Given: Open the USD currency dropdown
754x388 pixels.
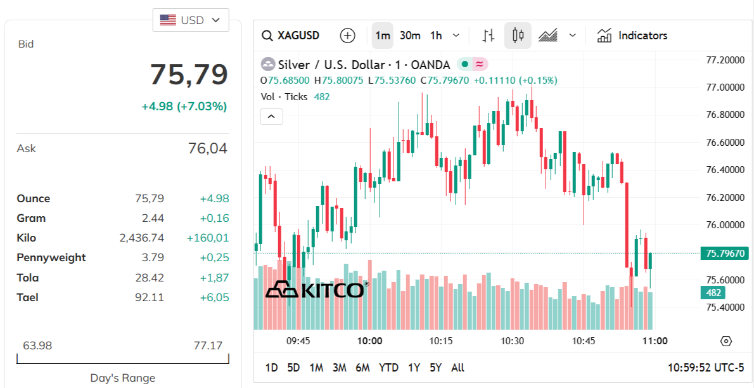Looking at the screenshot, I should [191, 20].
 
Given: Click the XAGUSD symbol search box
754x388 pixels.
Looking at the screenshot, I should [291, 36].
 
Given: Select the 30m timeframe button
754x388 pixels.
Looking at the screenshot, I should [410, 36].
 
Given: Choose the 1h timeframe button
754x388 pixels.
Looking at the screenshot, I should [436, 36].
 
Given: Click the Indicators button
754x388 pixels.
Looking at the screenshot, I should [632, 36].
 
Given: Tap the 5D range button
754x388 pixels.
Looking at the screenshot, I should [293, 368].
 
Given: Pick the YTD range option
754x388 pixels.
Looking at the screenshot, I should [388, 368].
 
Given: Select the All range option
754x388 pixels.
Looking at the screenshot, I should [457, 368].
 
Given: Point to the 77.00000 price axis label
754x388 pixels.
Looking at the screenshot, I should [725, 87].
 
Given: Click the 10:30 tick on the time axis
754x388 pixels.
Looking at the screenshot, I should [513, 341].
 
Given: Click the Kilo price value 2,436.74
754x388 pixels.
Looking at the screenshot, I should [141, 238].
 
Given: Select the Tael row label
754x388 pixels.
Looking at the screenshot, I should [27, 297].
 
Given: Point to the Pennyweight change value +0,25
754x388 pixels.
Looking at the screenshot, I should [214, 258].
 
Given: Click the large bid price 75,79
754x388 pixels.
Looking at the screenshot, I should [188, 75].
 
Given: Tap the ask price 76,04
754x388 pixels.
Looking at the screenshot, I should [207, 148].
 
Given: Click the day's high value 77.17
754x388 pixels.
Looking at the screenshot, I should [208, 346].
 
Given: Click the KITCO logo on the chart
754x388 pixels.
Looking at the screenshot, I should [315, 290].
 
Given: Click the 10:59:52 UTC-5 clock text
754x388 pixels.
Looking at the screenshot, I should [706, 368].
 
